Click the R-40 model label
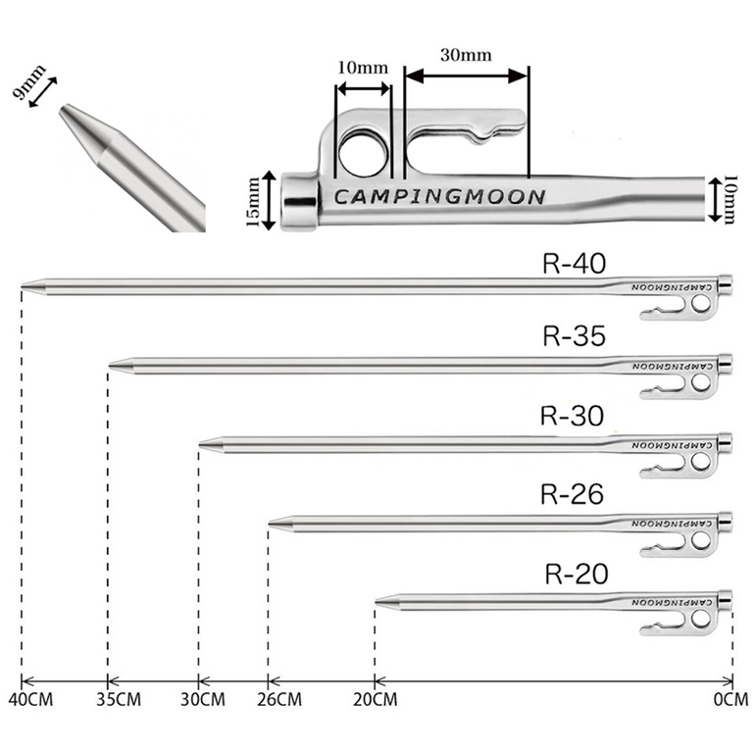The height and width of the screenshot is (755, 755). click(x=574, y=264)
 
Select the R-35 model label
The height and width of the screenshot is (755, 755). click(x=574, y=335)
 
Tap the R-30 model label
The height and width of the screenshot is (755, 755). click(x=572, y=415)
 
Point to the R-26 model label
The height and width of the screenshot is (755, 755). click(x=572, y=493)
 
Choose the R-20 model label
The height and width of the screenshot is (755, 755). click(x=577, y=574)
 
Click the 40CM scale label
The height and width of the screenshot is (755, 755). click(x=30, y=699)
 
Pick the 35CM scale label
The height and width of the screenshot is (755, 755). click(x=119, y=699)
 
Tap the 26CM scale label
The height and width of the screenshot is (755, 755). click(x=279, y=699)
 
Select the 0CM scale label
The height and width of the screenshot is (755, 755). click(x=730, y=699)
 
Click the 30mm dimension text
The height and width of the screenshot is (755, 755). click(x=466, y=55)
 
